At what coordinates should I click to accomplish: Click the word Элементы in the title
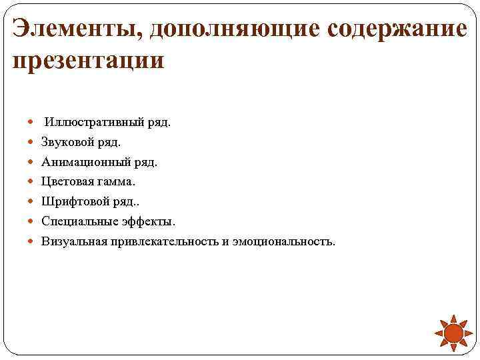coord(75,29)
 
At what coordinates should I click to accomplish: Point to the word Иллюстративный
coord(86,123)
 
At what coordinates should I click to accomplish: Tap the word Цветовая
coord(66,181)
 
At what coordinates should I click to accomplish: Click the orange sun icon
coord(453,333)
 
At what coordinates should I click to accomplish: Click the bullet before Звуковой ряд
coord(33,142)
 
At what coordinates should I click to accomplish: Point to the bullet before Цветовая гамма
coord(33,181)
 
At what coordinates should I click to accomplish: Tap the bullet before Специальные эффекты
coord(33,221)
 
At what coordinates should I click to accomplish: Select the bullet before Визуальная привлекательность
coord(33,241)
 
